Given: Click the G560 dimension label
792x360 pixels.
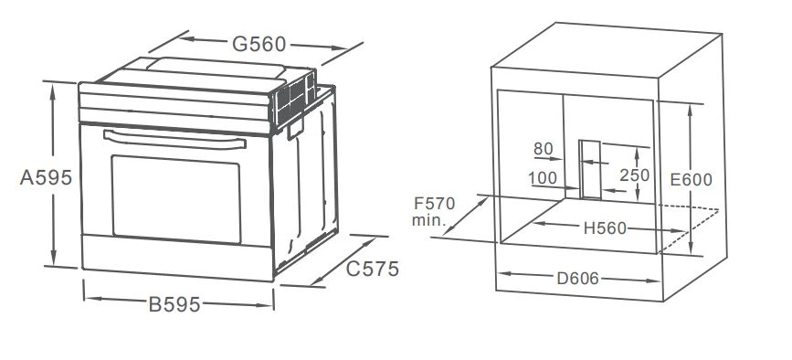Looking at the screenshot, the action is coord(259,45).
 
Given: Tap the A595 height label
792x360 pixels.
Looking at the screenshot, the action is coord(46,178).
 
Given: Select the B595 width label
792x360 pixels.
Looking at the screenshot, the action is coord(174,304).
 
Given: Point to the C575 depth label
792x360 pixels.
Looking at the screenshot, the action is coord(373,270).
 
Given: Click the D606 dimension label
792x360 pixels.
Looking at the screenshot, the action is coord(577,278).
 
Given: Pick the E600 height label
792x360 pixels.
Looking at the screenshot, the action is coord(691,180).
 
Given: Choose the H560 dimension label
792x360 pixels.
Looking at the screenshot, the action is coord(605,228).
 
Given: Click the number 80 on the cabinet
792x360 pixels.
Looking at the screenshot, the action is coord(544,150).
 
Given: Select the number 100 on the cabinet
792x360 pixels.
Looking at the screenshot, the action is coord(543,178).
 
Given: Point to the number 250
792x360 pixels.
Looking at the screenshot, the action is coord(634,175).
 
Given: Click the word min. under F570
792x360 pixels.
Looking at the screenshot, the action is coord(428,220).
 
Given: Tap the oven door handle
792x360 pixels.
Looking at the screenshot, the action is coord(174,140).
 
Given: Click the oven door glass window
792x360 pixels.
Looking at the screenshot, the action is coord(176,199).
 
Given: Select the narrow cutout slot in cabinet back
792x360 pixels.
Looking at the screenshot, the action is coord(590,169).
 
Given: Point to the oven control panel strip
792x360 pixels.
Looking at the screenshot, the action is coord(175,109).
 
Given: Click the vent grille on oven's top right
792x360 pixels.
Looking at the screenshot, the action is coord(294,99).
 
